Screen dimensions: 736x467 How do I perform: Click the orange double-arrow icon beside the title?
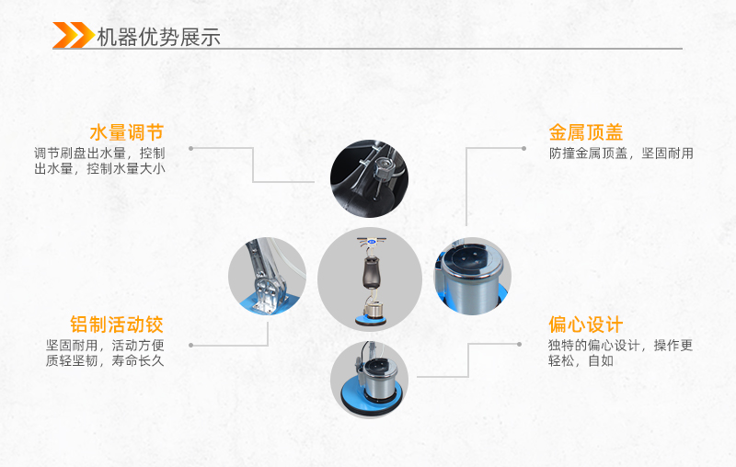tap(74, 35)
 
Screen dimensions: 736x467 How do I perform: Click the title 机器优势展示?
tap(158, 37)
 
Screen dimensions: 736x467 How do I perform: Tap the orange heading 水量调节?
tap(127, 132)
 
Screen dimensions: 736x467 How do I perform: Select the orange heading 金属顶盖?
tap(586, 132)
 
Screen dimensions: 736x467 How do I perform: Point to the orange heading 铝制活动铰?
tap(117, 325)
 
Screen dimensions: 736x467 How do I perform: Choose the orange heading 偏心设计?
tap(586, 325)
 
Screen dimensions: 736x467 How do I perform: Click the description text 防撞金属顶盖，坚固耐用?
tap(621, 154)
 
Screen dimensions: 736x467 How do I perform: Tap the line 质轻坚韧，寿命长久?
tap(105, 360)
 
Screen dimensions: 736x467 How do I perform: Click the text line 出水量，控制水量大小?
tap(99, 168)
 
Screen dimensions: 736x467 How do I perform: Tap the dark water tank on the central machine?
tap(370, 273)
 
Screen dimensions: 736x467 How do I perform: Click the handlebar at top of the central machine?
tap(371, 242)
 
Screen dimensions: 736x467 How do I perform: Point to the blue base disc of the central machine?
tap(371, 320)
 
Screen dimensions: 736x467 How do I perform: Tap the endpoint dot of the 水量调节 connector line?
tap(191, 149)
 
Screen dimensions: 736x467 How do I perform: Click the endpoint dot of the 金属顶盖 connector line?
tap(523, 149)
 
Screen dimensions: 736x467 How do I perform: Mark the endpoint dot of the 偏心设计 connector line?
tap(519, 344)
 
